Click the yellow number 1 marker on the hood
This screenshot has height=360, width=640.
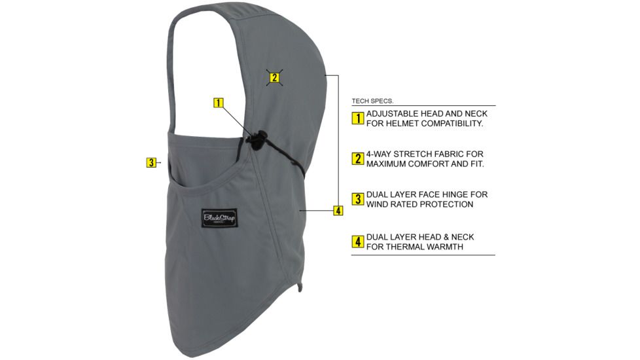tap(219, 103)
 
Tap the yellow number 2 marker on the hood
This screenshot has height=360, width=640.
tap(275, 77)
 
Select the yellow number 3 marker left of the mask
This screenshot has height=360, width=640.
tap(151, 162)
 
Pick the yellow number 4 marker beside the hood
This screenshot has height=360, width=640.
tap(338, 211)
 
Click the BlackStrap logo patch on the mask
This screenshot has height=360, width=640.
tap(219, 218)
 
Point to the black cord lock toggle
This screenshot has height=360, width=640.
tap(256, 140)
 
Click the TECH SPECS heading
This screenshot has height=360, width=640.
tap(372, 101)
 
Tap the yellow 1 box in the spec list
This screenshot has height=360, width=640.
tap(358, 118)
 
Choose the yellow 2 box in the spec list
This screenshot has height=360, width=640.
tap(358, 158)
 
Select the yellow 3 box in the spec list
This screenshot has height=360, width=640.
tap(358, 199)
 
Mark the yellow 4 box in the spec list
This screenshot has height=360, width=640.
tap(358, 242)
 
